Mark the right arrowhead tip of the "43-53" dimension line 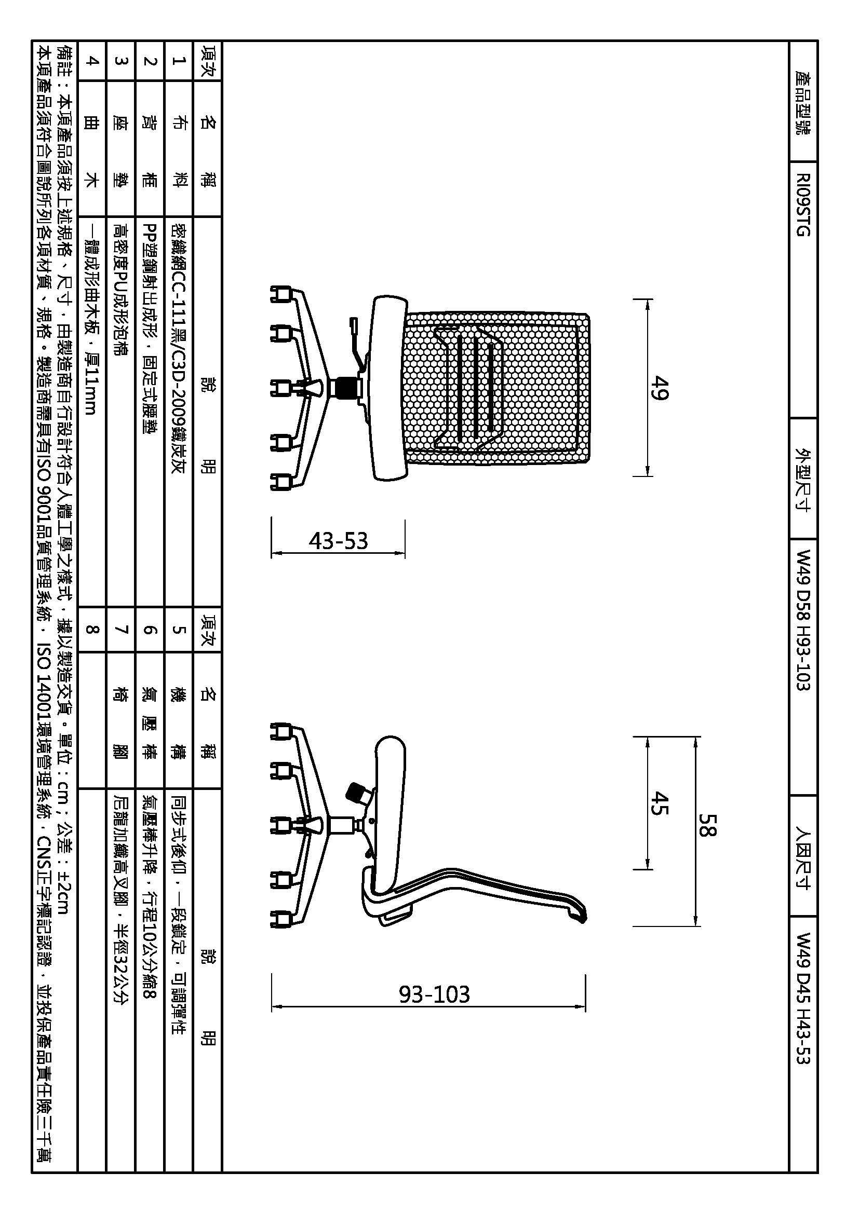pyautogui.click(x=405, y=554)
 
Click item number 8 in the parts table pyautogui.click(x=92, y=629)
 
